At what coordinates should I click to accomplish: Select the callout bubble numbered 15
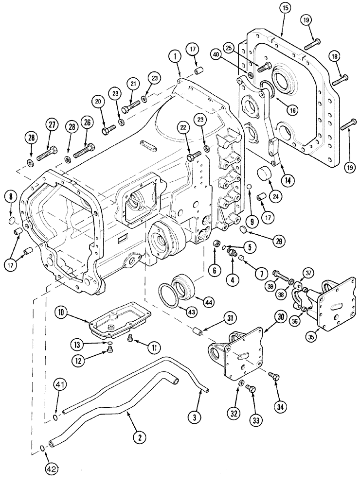(285, 9)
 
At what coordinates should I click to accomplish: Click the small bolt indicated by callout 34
(272, 376)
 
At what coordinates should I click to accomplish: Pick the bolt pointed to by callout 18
(338, 80)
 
